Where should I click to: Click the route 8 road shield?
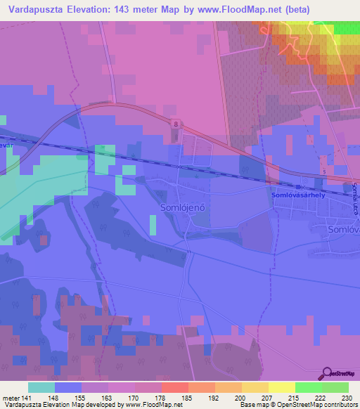tap(176, 124)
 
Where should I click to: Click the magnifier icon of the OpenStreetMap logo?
tap(328, 372)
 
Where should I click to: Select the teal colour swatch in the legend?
tap(41, 387)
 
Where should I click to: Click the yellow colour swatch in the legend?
tap(281, 387)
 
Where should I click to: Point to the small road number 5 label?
tap(323, 171)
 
